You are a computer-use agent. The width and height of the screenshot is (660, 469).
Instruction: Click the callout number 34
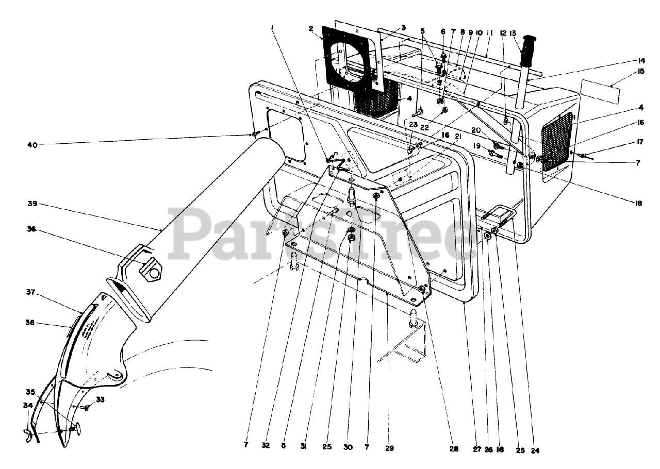pos(27,406)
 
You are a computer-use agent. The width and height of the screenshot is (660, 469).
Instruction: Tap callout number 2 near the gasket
pos(311,29)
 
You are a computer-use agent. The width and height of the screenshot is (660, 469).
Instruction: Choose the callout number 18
pos(638,204)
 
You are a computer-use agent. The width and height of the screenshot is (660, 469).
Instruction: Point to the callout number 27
pos(477,449)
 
